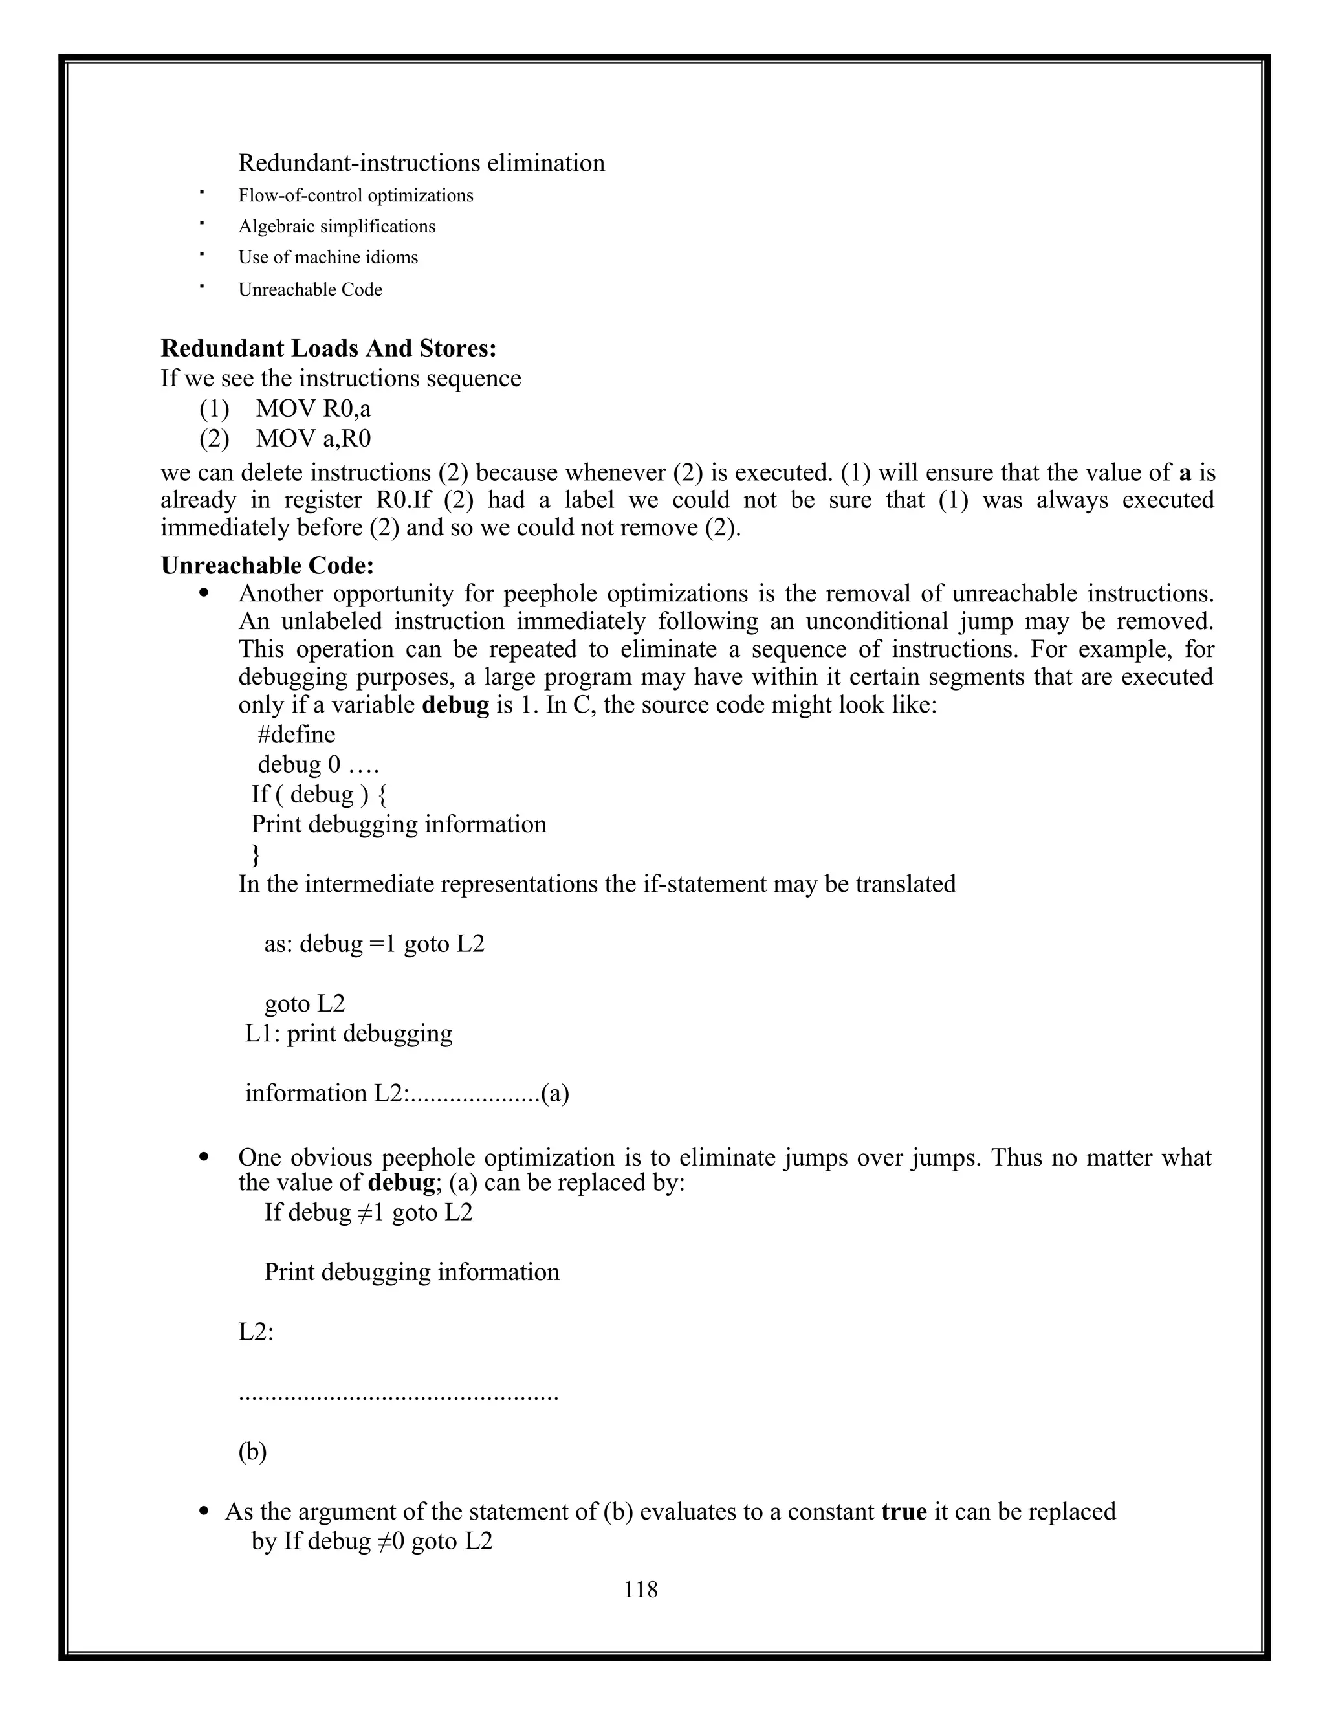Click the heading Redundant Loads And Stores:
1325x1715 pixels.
[328, 348]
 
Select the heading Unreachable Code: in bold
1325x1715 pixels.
[267, 566]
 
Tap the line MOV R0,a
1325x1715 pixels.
[312, 408]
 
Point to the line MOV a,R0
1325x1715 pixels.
[312, 439]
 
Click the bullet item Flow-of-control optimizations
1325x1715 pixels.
[356, 195]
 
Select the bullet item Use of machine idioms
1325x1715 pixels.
[328, 258]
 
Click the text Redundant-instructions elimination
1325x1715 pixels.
[422, 163]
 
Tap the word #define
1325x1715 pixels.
[296, 735]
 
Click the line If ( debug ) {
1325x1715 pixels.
[319, 795]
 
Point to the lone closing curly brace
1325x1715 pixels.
[255, 854]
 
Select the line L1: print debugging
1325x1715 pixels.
[349, 1034]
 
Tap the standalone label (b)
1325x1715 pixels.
[253, 1452]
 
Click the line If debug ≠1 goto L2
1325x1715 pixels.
[368, 1212]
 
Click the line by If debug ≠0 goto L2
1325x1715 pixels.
[371, 1542]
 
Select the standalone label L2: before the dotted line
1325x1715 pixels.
[256, 1333]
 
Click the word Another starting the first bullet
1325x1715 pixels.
[283, 593]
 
